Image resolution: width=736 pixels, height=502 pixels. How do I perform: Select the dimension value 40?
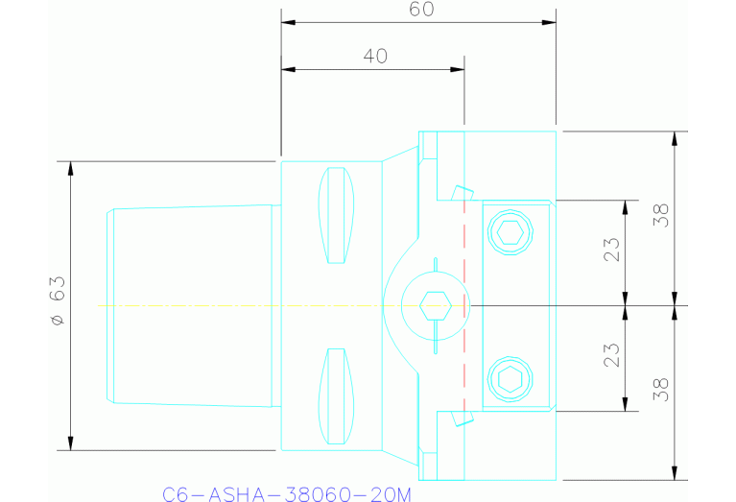point(375,57)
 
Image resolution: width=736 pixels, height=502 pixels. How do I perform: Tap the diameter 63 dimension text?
point(57,301)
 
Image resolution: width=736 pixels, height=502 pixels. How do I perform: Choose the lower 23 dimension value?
point(612,355)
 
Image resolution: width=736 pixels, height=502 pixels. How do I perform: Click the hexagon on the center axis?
point(436,305)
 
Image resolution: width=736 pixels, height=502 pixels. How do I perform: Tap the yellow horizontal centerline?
point(240,305)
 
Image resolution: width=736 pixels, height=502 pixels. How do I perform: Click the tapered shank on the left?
point(192,305)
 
